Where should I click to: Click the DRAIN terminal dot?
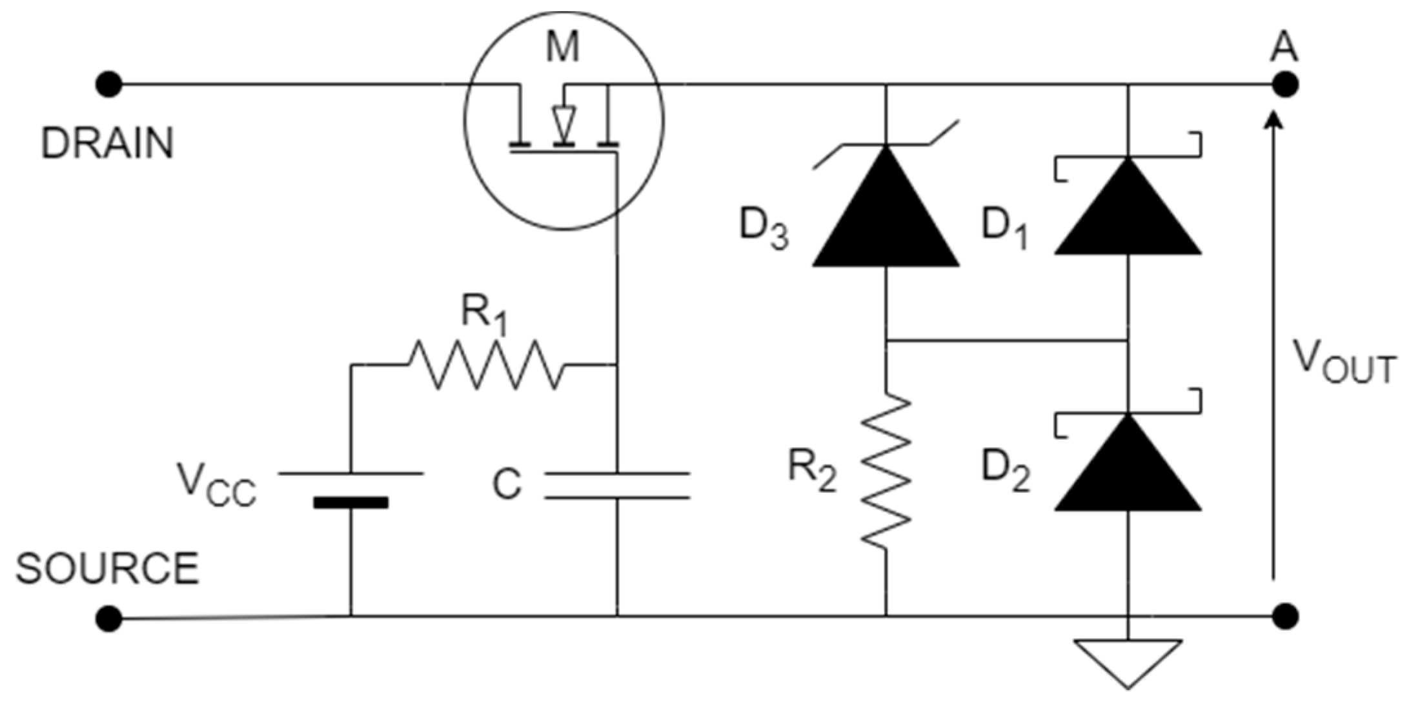pos(108,84)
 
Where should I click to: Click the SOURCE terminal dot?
pos(108,618)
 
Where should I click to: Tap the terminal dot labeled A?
pos(1285,84)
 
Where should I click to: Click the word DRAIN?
pos(107,143)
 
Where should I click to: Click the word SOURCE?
pos(107,568)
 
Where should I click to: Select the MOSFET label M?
pos(563,47)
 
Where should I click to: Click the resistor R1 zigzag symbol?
pos(485,365)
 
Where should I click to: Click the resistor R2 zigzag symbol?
pos(886,471)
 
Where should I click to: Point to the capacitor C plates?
pos(617,486)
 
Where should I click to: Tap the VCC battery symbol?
pos(350,488)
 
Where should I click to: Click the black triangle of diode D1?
pos(1128,213)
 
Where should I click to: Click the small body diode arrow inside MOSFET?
pos(563,121)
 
